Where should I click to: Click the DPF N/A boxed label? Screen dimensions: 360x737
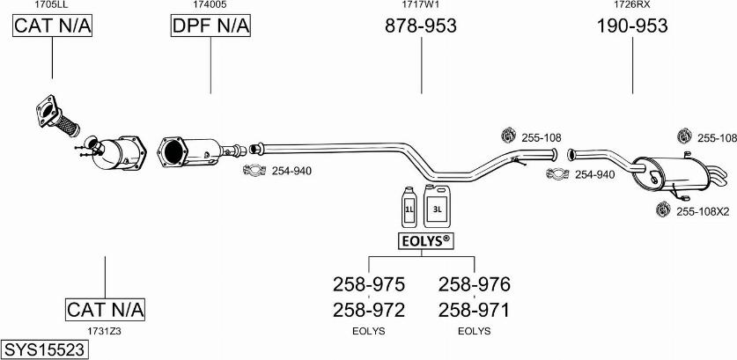click(x=210, y=27)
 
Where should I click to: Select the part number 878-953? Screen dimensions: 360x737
click(x=421, y=26)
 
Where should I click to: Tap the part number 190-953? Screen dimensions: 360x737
click(x=632, y=26)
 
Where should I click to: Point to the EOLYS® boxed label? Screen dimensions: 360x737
click(x=424, y=240)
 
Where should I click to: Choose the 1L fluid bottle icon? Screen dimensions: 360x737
click(x=409, y=209)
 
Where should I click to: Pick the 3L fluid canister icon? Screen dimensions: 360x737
click(x=438, y=208)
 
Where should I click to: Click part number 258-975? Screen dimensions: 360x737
click(x=368, y=284)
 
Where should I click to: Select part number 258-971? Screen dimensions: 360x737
click(x=474, y=310)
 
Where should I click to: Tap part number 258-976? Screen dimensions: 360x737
click(x=474, y=284)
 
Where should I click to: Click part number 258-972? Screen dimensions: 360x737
click(x=368, y=310)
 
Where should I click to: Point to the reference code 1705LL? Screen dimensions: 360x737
click(x=52, y=4)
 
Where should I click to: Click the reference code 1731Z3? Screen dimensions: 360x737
click(x=104, y=331)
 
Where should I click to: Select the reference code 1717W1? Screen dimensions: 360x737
click(x=421, y=4)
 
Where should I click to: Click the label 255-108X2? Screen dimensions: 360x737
click(x=704, y=211)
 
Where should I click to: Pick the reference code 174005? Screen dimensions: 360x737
click(x=210, y=4)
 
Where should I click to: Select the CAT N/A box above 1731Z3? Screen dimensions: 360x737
click(x=105, y=309)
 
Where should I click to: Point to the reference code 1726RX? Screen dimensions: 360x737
click(x=632, y=4)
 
